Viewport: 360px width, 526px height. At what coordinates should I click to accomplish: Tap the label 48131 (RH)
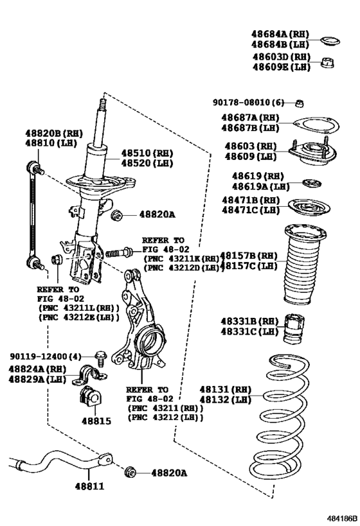pos(214,389)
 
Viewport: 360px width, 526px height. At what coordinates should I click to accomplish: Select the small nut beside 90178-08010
pos(300,103)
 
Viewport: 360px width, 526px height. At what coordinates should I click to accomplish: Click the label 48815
pos(96,422)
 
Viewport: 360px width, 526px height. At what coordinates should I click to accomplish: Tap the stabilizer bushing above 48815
pos(91,399)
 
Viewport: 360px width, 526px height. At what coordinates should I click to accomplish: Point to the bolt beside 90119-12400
pos(100,355)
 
